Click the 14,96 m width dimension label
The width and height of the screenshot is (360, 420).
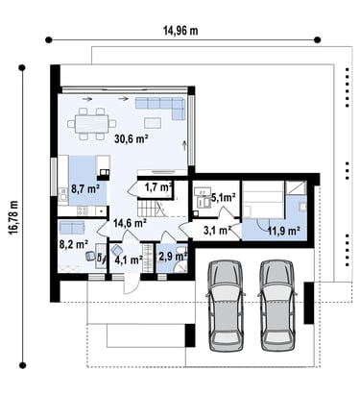tap(180, 31)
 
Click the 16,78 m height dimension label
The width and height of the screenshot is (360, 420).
tap(14, 218)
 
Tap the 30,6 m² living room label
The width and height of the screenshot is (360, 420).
tap(132, 139)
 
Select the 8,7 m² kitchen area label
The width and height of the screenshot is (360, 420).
tap(85, 188)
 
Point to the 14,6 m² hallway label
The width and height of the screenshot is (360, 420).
tap(130, 223)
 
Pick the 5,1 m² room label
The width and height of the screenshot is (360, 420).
tap(223, 198)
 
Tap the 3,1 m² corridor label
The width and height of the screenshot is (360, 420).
tap(218, 230)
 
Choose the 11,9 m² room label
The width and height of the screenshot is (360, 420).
tap(283, 231)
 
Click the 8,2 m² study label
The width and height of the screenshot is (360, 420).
tap(74, 245)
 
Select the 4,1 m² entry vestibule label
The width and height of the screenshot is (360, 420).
tap(129, 259)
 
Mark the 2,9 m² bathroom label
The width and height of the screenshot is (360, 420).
tap(173, 257)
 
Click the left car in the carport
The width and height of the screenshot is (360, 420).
tap(226, 306)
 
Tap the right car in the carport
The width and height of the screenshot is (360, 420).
tap(277, 306)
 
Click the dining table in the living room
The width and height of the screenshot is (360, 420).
tap(92, 124)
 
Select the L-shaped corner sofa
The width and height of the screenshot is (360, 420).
tap(160, 109)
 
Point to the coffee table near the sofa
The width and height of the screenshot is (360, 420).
tap(153, 123)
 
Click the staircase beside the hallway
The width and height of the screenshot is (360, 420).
tap(152, 208)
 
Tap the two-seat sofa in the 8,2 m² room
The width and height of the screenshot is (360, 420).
tap(72, 228)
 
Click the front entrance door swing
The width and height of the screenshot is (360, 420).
tap(132, 284)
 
